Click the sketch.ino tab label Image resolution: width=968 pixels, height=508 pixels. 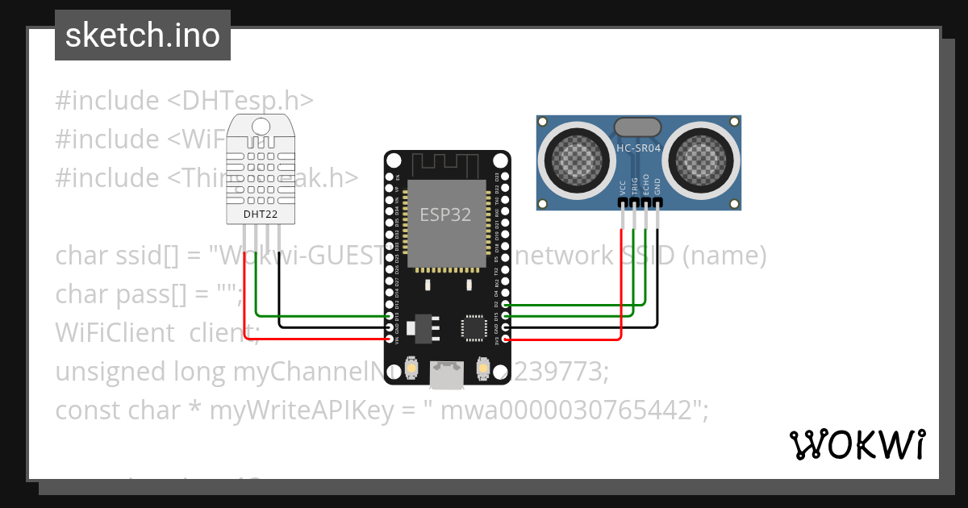tap(142, 35)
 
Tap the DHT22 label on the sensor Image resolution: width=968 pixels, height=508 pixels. tap(260, 214)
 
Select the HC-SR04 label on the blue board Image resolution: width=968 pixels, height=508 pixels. tap(638, 148)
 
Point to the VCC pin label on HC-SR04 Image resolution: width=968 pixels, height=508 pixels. tap(622, 188)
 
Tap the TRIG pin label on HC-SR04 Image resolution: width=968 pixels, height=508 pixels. tap(634, 188)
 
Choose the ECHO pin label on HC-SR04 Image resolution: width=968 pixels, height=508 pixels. tap(645, 188)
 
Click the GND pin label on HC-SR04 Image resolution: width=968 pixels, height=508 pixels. tap(657, 188)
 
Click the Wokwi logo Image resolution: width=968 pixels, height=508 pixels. tap(857, 445)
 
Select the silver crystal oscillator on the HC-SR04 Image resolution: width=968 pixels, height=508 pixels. tap(638, 127)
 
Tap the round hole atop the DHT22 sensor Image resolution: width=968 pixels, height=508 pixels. tap(261, 126)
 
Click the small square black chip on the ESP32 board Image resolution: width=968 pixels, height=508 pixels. tap(473, 327)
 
